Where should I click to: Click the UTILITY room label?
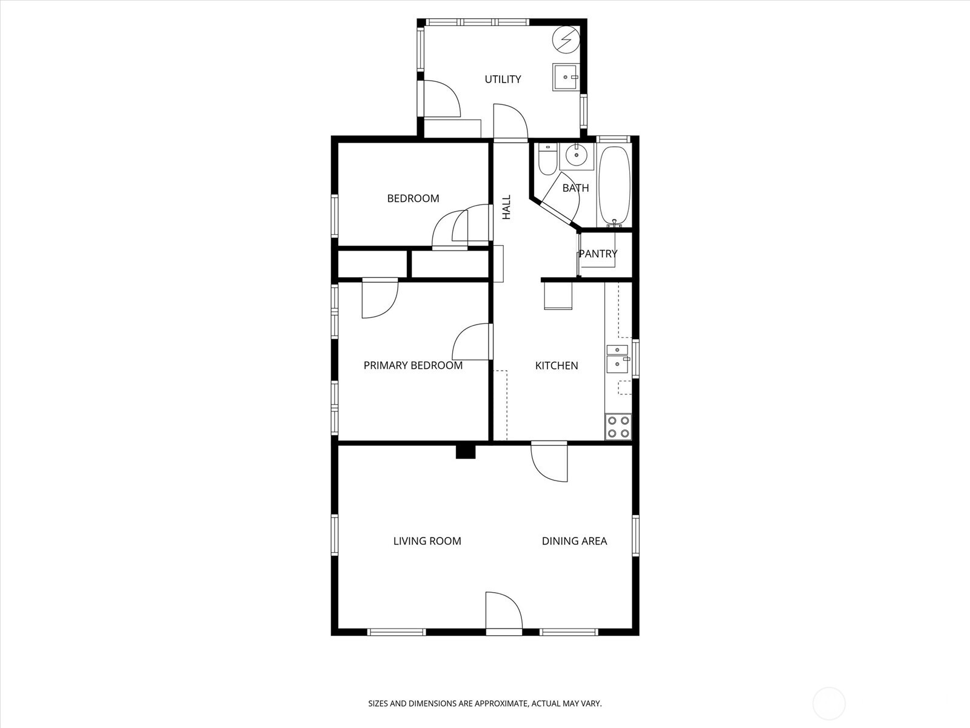[x=503, y=79]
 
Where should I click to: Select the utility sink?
[x=565, y=77]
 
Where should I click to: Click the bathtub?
[x=614, y=186]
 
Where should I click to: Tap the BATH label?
[x=575, y=188]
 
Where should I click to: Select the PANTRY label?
[x=598, y=254]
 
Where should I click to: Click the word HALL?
[x=506, y=207]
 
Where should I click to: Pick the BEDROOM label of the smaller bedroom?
[x=413, y=198]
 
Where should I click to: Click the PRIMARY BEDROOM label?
[x=413, y=366]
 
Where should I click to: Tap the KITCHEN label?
[x=557, y=366]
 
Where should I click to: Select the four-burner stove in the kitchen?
[x=618, y=427]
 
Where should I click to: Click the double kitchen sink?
[x=617, y=359]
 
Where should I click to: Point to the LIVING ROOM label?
[x=427, y=541]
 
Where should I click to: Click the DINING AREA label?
[x=574, y=541]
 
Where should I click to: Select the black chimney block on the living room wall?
[x=466, y=452]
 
